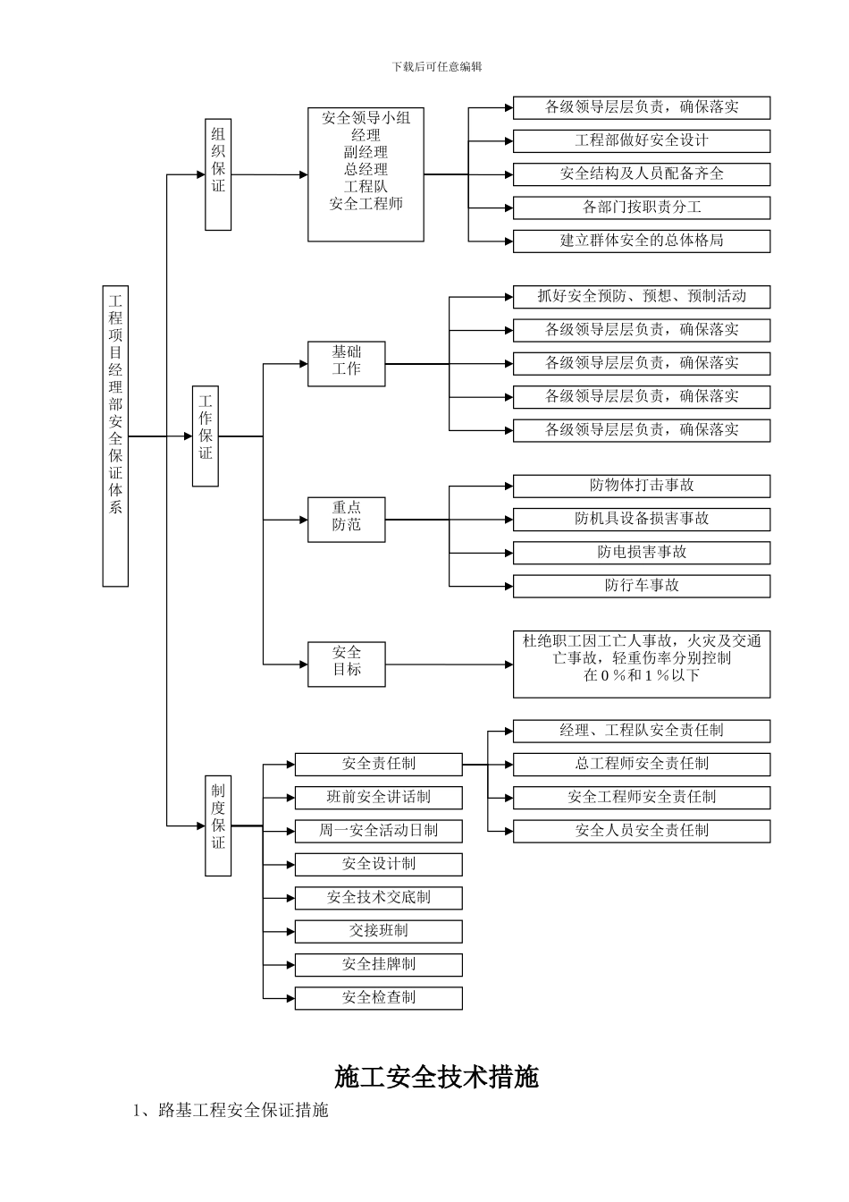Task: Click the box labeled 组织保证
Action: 218,174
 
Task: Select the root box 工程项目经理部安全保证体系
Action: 115,436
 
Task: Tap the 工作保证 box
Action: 206,436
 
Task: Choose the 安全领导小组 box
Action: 366,174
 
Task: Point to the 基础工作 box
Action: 346,363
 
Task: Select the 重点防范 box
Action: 346,519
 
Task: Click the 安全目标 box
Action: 346,664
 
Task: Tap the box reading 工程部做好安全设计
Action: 641,140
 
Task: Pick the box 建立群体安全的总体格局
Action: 641,241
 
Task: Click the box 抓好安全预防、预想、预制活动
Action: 641,297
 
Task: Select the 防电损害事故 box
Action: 641,552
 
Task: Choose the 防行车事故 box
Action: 641,586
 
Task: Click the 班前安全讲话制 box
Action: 378,797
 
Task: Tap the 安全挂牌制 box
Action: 378,964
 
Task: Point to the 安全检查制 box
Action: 378,997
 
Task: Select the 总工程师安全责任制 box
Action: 641,764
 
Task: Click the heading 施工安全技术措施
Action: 436,1077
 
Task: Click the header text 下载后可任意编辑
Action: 436,67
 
